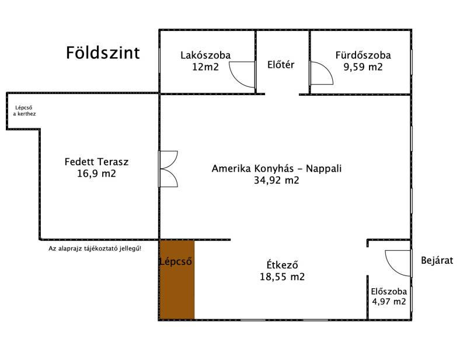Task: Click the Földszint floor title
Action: [103, 53]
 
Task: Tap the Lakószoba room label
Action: [205, 55]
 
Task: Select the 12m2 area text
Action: [205, 67]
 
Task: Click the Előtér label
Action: [281, 65]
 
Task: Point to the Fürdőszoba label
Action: [363, 55]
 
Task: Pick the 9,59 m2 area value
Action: [363, 67]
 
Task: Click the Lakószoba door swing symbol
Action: [242, 75]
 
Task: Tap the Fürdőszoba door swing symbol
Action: [322, 73]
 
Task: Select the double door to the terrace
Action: [168, 169]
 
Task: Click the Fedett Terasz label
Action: [96, 162]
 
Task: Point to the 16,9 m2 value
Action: [96, 173]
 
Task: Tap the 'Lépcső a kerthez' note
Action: [24, 110]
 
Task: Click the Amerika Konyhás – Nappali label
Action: [276, 169]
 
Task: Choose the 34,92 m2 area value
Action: [276, 180]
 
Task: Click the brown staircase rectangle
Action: [177, 279]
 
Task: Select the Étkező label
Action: [282, 265]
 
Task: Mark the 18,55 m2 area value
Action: [282, 277]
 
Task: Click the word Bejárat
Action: [437, 261]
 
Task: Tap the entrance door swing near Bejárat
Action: [398, 263]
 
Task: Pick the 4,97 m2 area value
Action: [389, 301]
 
